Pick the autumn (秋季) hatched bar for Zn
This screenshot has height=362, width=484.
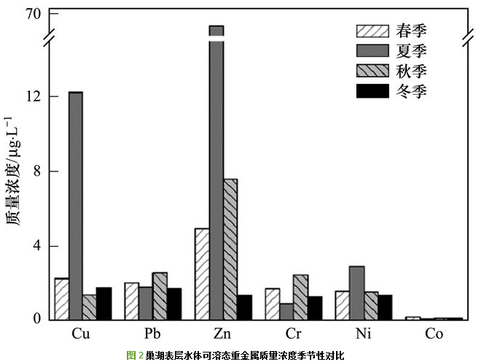(230, 249)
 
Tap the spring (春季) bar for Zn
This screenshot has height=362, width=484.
(202, 274)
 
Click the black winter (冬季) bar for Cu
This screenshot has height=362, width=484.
(104, 304)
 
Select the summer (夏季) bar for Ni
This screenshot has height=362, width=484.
(356, 293)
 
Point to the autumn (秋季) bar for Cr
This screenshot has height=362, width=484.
(300, 297)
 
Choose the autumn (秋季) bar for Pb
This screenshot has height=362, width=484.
(160, 296)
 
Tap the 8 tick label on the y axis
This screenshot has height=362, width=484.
(37, 172)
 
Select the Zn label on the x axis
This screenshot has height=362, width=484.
(222, 334)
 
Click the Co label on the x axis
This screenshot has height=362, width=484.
(434, 334)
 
